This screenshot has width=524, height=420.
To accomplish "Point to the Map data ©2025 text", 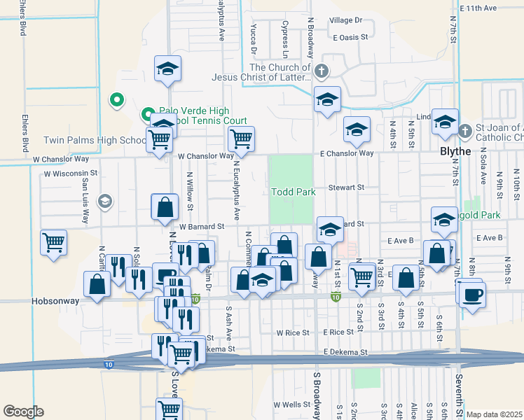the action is [x=494, y=414].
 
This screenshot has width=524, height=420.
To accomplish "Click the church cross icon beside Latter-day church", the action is [x=321, y=71].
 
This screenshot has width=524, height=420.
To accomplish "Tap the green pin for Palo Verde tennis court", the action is [x=148, y=113].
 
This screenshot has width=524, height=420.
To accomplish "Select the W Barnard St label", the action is [x=201, y=226].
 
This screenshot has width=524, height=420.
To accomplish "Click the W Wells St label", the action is [x=291, y=405].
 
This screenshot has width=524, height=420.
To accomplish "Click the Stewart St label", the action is [x=347, y=188].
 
